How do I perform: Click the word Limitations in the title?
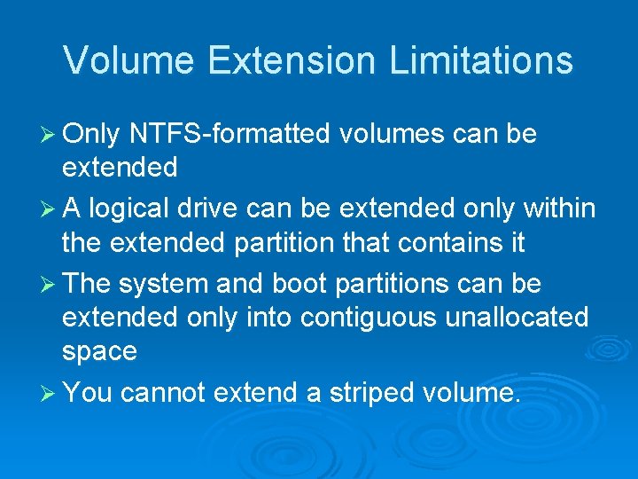[480, 60]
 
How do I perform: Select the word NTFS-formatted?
[230, 135]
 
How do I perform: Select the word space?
[99, 351]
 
